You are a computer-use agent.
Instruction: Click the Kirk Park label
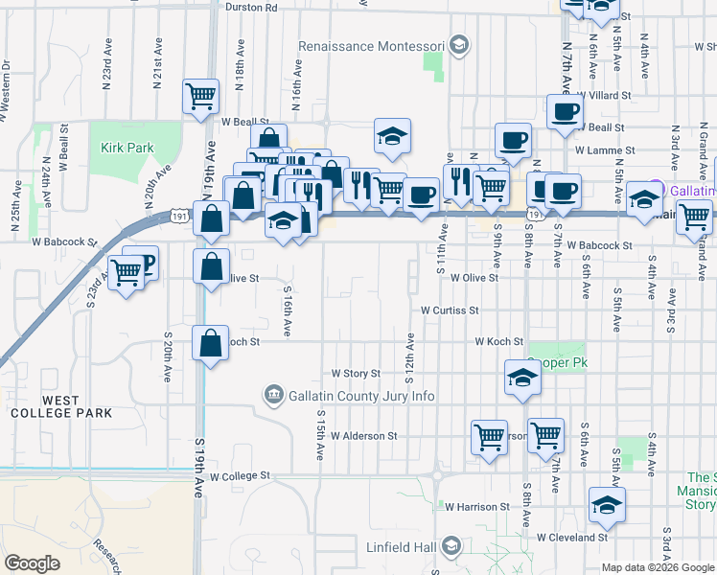click(127, 149)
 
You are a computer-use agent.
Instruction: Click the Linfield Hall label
click(402, 547)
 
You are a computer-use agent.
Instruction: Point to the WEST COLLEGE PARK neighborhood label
click(61, 405)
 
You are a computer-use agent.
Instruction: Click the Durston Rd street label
click(251, 7)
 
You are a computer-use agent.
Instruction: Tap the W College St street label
click(241, 475)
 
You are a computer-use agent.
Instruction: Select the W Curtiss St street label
click(450, 310)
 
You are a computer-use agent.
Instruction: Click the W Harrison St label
click(476, 506)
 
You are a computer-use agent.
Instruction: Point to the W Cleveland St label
click(572, 538)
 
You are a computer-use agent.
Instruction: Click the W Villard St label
click(605, 96)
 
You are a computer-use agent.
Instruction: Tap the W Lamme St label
click(605, 150)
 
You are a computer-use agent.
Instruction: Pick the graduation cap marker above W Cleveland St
click(606, 505)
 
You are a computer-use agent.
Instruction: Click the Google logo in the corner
click(33, 563)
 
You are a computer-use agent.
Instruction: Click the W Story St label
click(356, 373)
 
